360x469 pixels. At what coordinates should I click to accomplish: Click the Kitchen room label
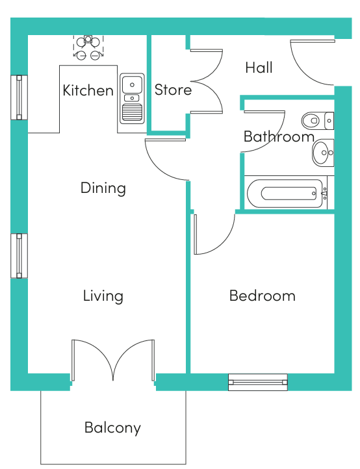(88, 90)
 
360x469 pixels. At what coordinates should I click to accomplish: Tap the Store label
(173, 90)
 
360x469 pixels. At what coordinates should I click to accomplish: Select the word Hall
(259, 68)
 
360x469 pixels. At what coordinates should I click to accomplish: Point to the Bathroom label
(279, 136)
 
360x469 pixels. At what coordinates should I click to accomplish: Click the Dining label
(103, 188)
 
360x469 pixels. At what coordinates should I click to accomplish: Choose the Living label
(103, 296)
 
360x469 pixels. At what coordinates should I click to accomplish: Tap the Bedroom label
(263, 296)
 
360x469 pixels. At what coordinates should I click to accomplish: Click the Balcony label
(112, 427)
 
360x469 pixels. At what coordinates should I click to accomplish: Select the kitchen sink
(132, 98)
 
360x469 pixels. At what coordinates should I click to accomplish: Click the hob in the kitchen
(88, 47)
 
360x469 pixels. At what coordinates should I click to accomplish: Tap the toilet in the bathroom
(318, 121)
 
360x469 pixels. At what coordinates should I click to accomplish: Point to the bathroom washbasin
(323, 153)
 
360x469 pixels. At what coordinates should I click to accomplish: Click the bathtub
(286, 193)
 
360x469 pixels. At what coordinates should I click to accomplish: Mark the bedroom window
(258, 382)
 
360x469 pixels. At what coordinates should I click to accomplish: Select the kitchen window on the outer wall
(19, 97)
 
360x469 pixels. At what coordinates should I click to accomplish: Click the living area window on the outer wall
(19, 256)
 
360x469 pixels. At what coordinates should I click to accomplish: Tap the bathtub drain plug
(314, 194)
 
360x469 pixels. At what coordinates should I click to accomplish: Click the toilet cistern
(329, 121)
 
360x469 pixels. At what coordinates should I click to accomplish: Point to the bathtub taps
(325, 193)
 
